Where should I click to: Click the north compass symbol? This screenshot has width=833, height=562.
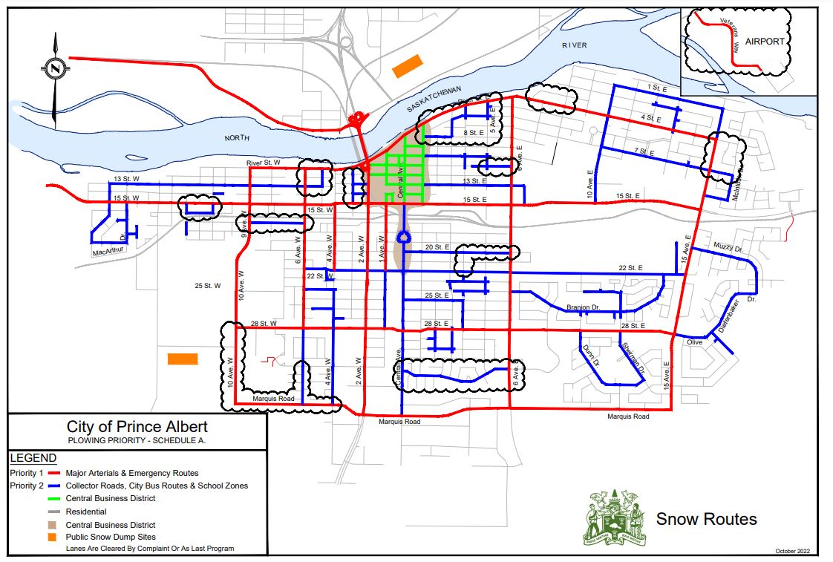[55, 68]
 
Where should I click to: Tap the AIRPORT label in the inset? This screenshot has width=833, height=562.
[764, 42]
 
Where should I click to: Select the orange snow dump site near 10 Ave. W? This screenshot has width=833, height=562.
[183, 359]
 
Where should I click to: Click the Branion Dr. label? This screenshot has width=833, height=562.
[583, 306]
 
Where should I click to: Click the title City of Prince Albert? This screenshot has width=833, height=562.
[137, 427]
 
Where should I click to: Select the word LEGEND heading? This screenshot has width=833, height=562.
[33, 457]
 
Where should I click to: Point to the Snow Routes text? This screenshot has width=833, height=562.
[706, 519]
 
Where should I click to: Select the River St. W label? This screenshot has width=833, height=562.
[264, 162]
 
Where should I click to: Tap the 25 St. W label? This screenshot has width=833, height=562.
[208, 285]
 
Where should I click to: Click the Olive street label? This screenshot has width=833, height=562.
[694, 342]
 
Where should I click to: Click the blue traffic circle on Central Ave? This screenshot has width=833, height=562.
[404, 238]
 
